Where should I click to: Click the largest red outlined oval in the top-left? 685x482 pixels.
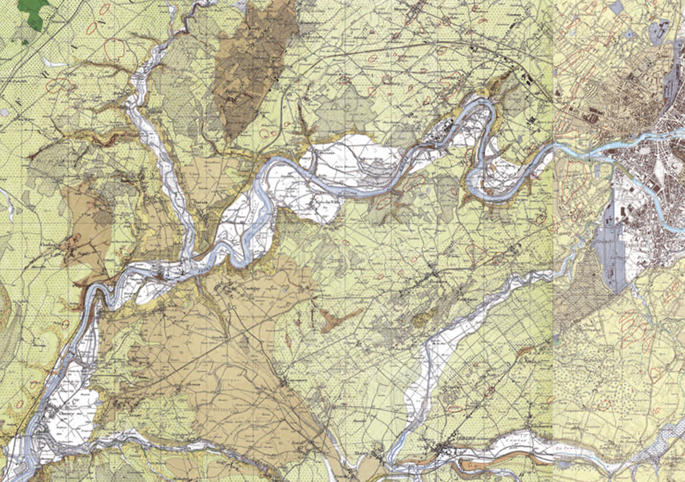115,49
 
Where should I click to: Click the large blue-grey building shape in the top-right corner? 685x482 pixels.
661,31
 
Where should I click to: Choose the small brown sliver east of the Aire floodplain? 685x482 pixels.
522,352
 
